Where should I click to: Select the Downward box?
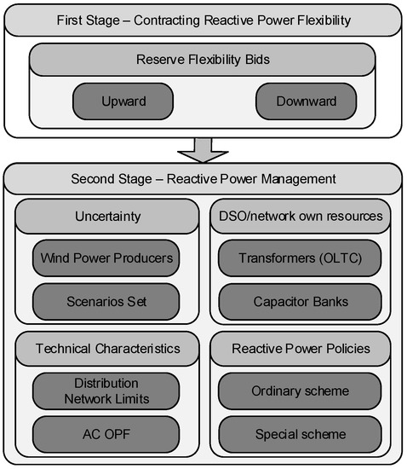click(306, 101)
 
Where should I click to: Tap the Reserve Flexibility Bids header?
click(203, 60)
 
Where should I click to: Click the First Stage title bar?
click(203, 20)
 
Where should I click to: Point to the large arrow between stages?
click(203, 148)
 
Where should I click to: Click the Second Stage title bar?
click(203, 179)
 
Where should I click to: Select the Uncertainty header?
click(106, 217)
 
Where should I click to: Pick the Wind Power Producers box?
click(106, 258)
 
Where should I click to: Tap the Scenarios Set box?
click(106, 302)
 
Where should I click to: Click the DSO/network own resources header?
click(300, 217)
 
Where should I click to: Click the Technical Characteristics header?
click(106, 349)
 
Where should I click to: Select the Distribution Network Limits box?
click(106, 391)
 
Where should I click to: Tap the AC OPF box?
click(106, 434)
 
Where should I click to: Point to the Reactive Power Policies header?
click(300, 349)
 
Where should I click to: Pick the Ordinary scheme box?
click(300, 391)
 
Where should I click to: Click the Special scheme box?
click(300, 434)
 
